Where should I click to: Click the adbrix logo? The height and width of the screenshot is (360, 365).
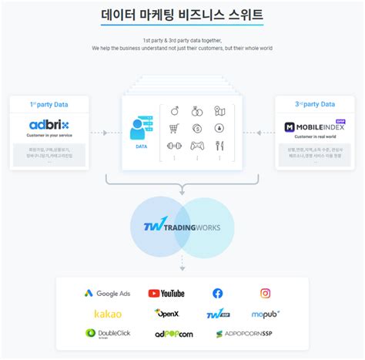(50, 126)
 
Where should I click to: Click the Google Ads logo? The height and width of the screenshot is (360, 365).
(108, 293)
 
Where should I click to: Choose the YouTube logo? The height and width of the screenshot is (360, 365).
(166, 293)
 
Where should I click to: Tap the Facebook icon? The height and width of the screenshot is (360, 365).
(218, 293)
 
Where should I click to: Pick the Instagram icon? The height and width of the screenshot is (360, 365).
(265, 293)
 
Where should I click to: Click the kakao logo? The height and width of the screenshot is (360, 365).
(108, 314)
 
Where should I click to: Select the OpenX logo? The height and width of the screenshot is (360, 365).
(166, 314)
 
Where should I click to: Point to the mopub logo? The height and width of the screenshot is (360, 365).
(265, 314)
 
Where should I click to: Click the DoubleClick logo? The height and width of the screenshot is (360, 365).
(108, 334)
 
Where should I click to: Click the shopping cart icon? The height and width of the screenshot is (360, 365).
(173, 129)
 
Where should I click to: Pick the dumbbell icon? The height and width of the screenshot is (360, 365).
(173, 146)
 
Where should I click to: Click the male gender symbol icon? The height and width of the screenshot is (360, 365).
(173, 110)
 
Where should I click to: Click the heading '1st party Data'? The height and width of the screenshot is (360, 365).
(50, 103)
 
